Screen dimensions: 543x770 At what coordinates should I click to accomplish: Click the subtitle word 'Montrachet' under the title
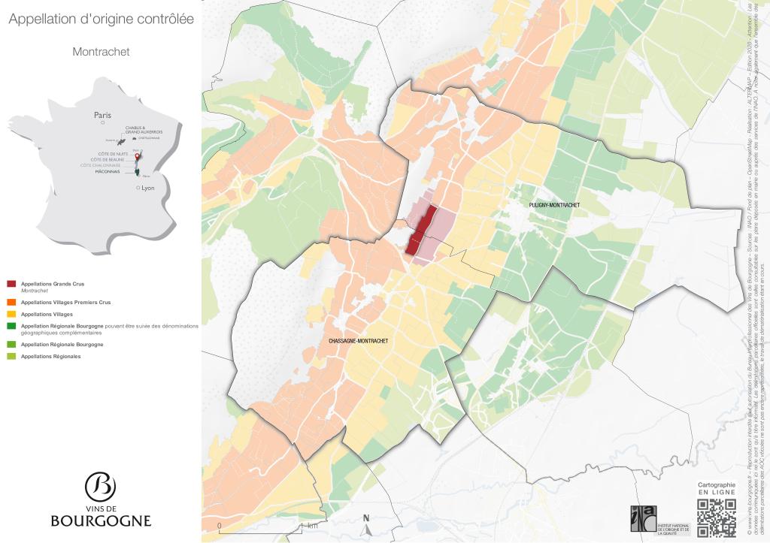pyautogui.click(x=101, y=52)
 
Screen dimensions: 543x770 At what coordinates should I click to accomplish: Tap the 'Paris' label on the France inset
pyautogui.click(x=102, y=115)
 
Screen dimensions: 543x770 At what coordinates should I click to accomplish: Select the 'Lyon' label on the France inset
pyautogui.click(x=147, y=188)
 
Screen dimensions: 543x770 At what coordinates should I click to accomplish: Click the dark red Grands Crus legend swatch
pyautogui.click(x=11, y=284)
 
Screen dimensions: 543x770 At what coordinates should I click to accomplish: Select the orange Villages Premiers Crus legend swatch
pyautogui.click(x=11, y=302)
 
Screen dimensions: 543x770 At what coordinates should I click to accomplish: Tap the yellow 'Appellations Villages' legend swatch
pyautogui.click(x=11, y=314)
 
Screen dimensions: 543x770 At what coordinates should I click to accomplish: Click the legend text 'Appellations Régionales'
pyautogui.click(x=50, y=356)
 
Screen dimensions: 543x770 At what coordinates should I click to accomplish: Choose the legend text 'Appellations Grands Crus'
pyautogui.click(x=53, y=284)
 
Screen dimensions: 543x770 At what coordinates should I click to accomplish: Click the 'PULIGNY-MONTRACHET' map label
pyautogui.click(x=554, y=205)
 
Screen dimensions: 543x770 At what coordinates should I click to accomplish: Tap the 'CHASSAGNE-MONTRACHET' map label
pyautogui.click(x=359, y=341)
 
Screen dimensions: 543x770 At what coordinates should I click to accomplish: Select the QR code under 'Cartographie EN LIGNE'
pyautogui.click(x=716, y=518)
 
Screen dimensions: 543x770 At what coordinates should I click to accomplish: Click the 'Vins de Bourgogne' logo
pyautogui.click(x=101, y=499)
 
